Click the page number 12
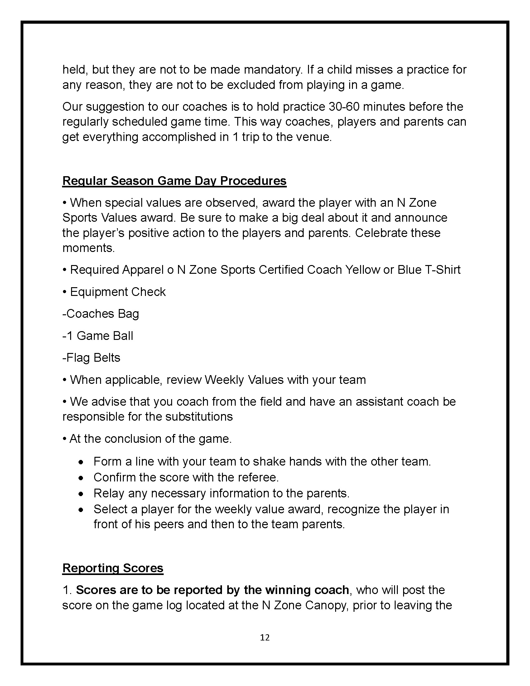[265, 637]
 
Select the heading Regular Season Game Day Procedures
[174, 181]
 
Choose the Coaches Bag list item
[101, 314]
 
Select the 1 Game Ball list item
[98, 336]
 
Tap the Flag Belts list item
[91, 358]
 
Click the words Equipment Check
[118, 292]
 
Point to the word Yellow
[362, 270]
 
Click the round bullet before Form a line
[81, 462]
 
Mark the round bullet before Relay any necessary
[81, 494]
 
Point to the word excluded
[250, 85]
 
